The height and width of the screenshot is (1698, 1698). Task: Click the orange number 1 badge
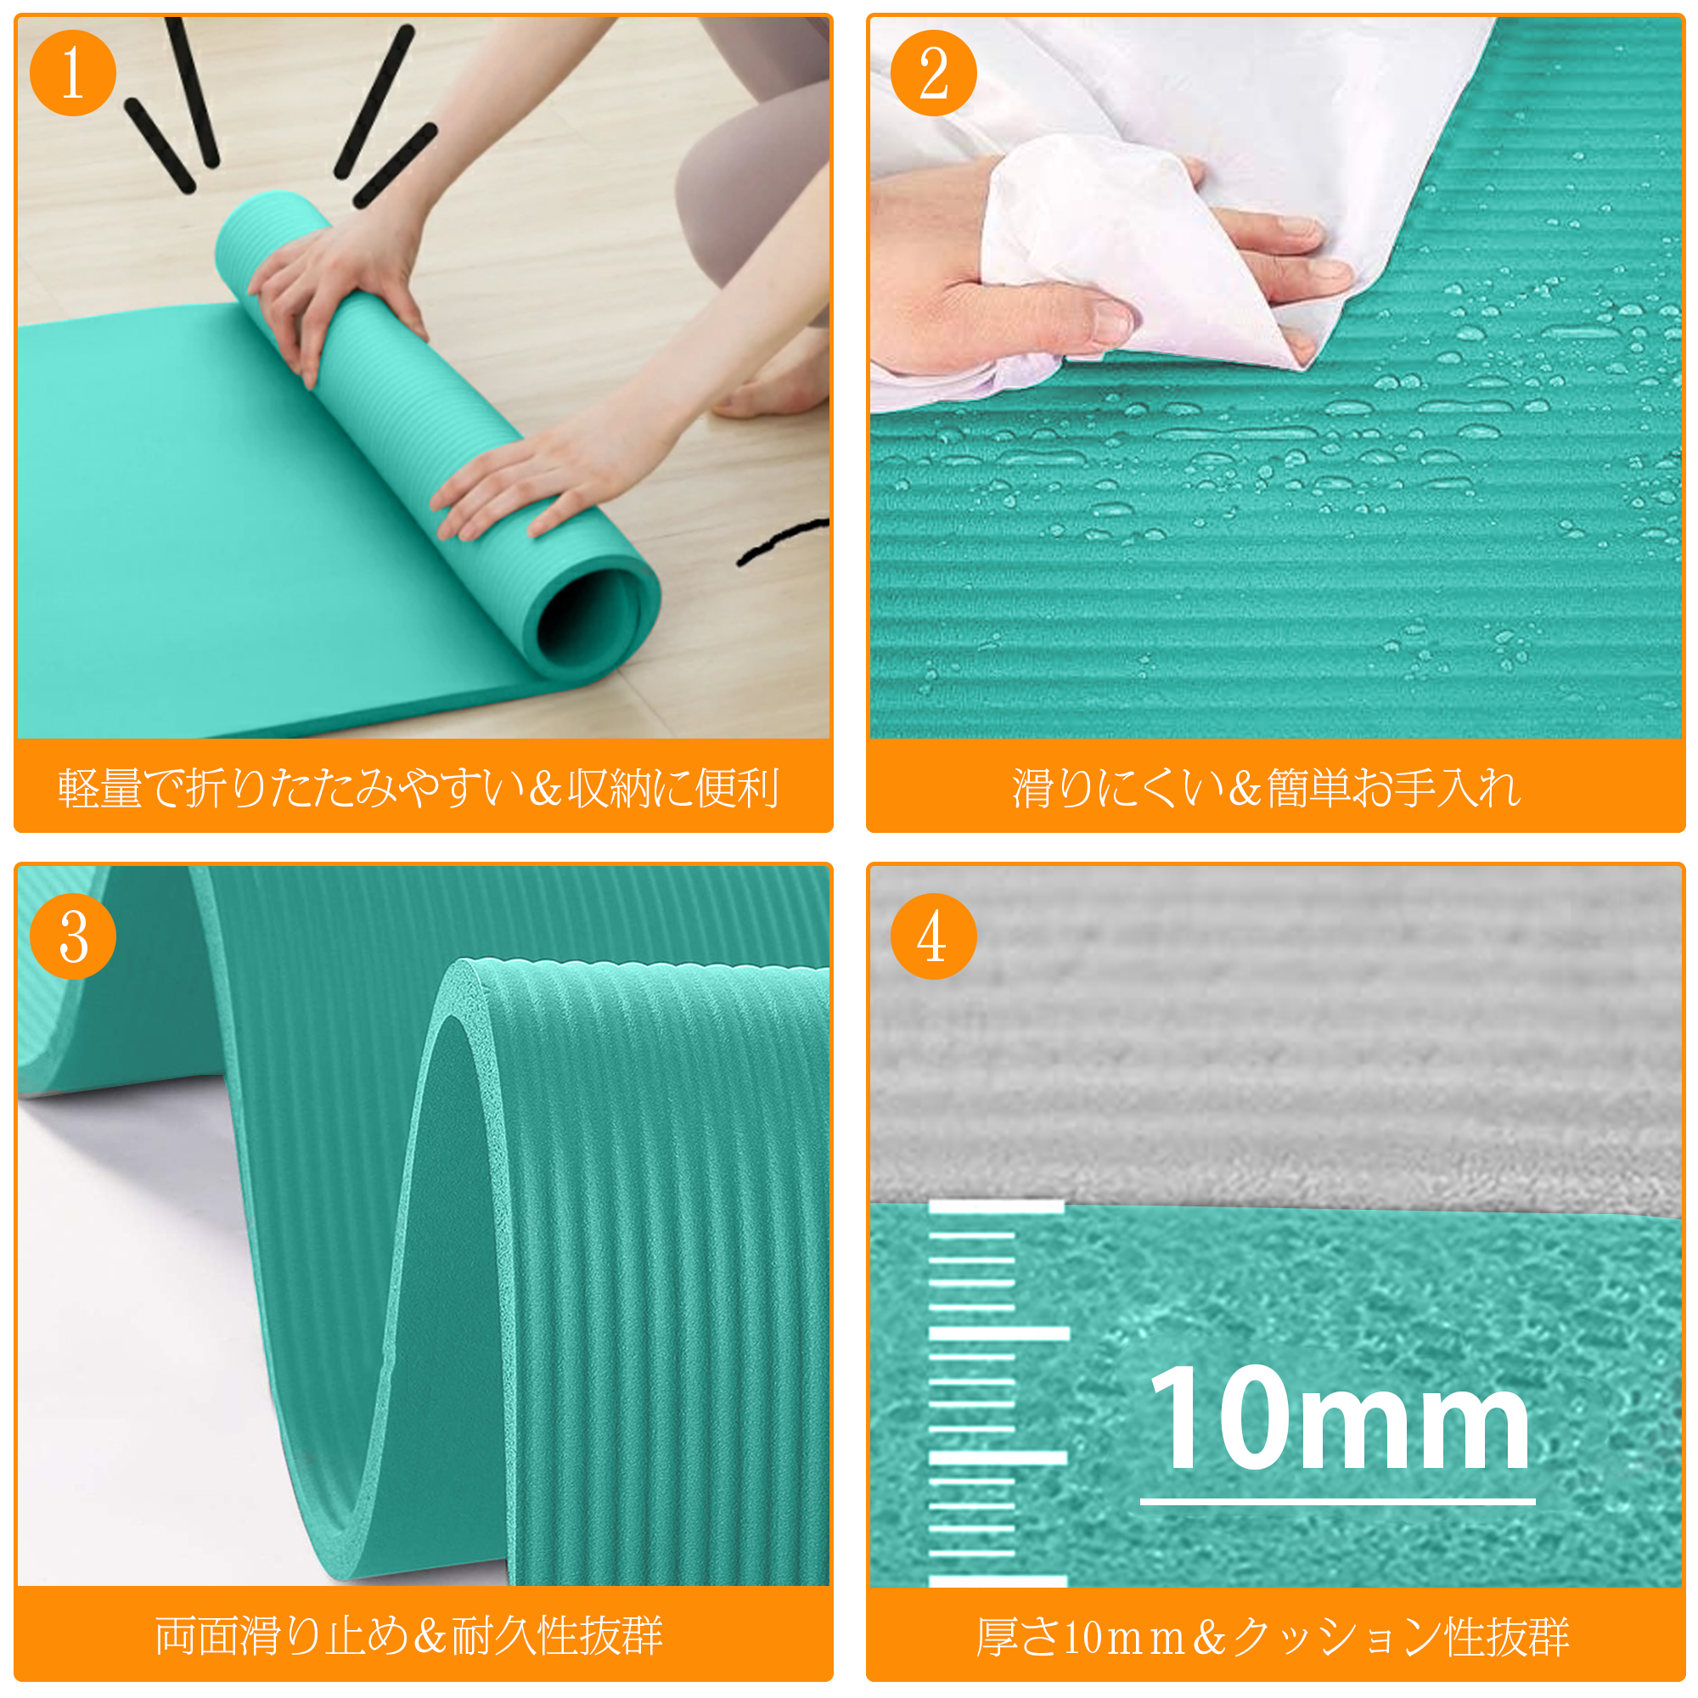coord(73,73)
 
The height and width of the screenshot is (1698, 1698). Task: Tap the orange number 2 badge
coord(933,73)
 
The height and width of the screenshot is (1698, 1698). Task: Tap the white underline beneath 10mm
coord(1338,1501)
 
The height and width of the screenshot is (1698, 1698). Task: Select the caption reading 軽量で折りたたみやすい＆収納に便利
coord(419,788)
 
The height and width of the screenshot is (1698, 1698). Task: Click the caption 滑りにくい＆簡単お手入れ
coord(1267,788)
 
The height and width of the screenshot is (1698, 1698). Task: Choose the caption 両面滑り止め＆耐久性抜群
coord(409,1636)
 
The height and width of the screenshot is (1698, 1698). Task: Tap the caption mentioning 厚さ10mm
coord(1273,1637)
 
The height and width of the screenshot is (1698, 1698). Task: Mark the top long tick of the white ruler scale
coord(997,1207)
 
